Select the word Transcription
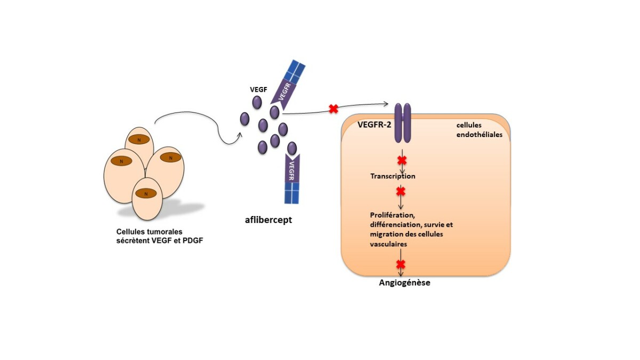point(393,176)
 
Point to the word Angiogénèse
point(404,283)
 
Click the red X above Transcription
point(401,160)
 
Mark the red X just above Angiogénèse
point(401,264)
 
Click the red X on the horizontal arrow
point(333,109)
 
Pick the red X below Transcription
point(401,191)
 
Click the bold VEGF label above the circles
point(259,89)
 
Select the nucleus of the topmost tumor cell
point(139,140)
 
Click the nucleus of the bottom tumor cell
point(146,194)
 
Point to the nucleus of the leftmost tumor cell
point(121,160)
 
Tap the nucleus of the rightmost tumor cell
point(171,157)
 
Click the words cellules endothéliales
point(479,130)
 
